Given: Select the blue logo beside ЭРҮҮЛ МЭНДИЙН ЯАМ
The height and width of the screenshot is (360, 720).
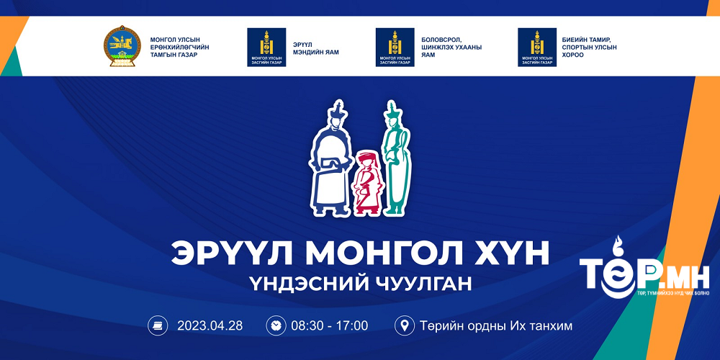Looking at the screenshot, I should [266, 47].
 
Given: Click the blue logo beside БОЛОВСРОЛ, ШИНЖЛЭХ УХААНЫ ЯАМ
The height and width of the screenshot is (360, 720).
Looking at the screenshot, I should [395, 47].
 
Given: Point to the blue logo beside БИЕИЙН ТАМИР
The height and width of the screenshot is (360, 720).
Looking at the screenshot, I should [537, 47].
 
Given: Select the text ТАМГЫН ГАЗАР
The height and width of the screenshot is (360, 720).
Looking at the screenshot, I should [178, 55].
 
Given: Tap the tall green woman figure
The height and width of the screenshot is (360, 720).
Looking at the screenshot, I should [395, 162].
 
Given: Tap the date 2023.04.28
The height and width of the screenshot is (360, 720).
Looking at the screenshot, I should [210, 325].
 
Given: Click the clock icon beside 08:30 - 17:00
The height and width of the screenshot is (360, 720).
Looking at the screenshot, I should [275, 325].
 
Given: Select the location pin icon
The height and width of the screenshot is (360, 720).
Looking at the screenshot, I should [404, 325].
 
